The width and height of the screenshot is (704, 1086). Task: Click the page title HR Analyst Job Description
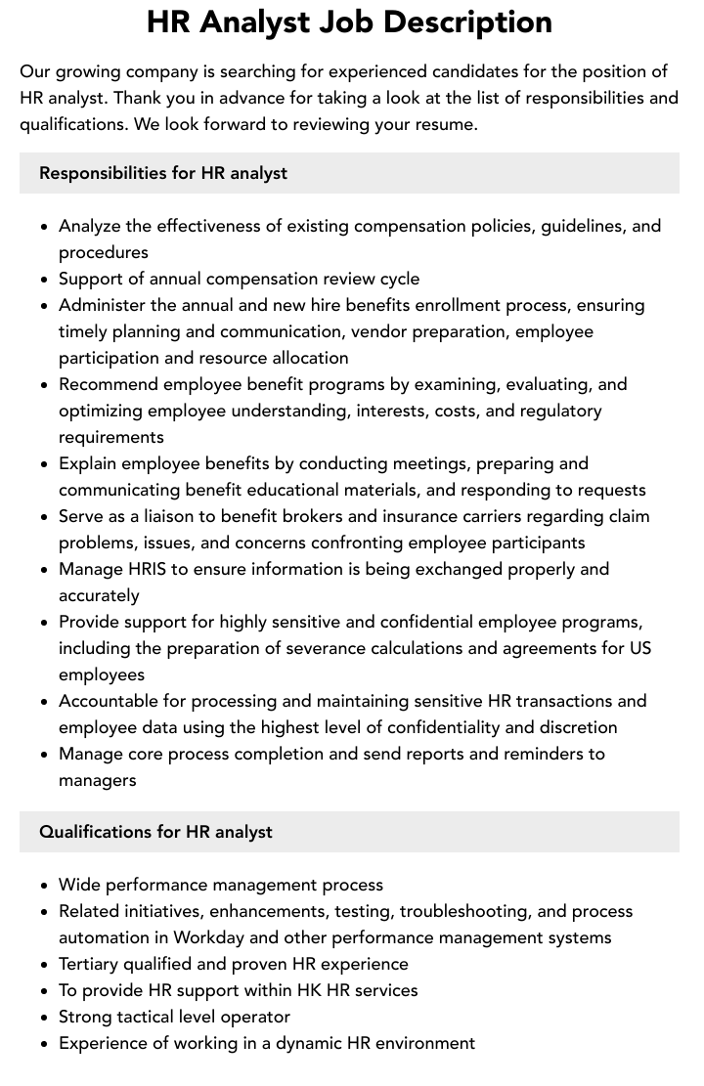tap(349, 22)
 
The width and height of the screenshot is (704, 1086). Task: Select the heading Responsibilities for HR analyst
tap(163, 173)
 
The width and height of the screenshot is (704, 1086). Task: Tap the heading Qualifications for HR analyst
tap(155, 832)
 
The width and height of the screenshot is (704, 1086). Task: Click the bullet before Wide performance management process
tap(44, 886)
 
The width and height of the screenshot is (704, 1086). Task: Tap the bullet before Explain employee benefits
tap(44, 464)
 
